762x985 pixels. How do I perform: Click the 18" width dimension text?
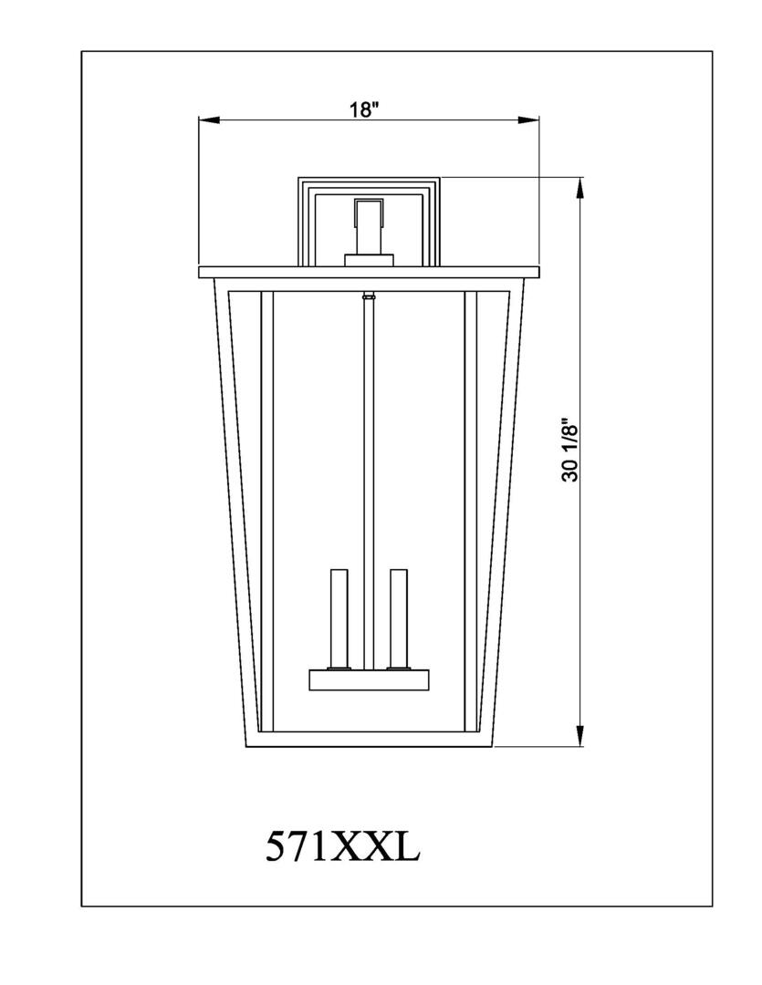[x=363, y=109]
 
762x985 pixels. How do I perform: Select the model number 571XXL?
[x=342, y=846]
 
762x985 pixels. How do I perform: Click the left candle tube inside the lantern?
[x=339, y=617]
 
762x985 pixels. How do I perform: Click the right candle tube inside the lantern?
[x=398, y=617]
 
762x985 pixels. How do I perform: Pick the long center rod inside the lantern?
[x=368, y=474]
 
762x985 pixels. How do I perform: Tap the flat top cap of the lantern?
[x=369, y=271]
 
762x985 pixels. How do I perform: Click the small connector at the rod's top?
[x=368, y=295]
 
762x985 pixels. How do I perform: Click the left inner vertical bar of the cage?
[x=266, y=511]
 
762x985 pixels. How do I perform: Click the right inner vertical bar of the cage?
[x=470, y=511]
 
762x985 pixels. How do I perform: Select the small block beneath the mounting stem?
[x=369, y=260]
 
